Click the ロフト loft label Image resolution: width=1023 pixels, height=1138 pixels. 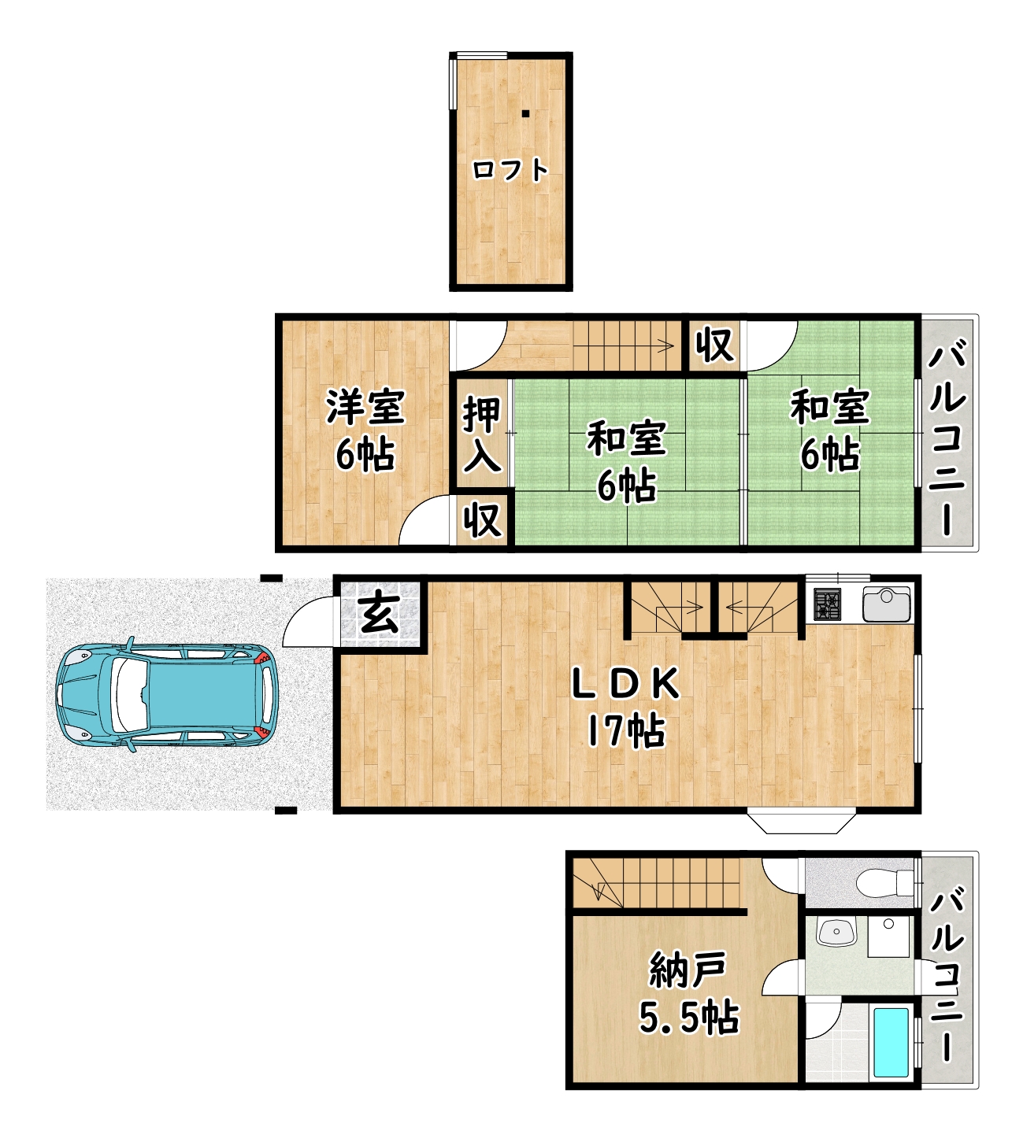(x=510, y=170)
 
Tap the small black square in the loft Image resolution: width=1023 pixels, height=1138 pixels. (x=525, y=113)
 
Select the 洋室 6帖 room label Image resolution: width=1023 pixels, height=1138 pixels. (x=365, y=430)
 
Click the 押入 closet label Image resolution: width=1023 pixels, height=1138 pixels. (x=482, y=434)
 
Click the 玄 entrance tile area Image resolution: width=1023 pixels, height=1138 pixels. (x=380, y=615)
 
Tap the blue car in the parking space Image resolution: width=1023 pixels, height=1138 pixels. (x=167, y=695)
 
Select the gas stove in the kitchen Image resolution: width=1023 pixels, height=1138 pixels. (x=828, y=604)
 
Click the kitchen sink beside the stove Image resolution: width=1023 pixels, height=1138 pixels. (x=887, y=604)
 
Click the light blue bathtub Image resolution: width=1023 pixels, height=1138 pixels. (x=891, y=1043)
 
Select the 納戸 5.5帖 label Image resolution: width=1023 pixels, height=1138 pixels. (x=689, y=992)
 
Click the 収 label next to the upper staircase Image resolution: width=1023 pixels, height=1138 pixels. (x=714, y=345)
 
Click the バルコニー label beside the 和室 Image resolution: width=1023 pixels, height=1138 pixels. (x=947, y=437)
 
